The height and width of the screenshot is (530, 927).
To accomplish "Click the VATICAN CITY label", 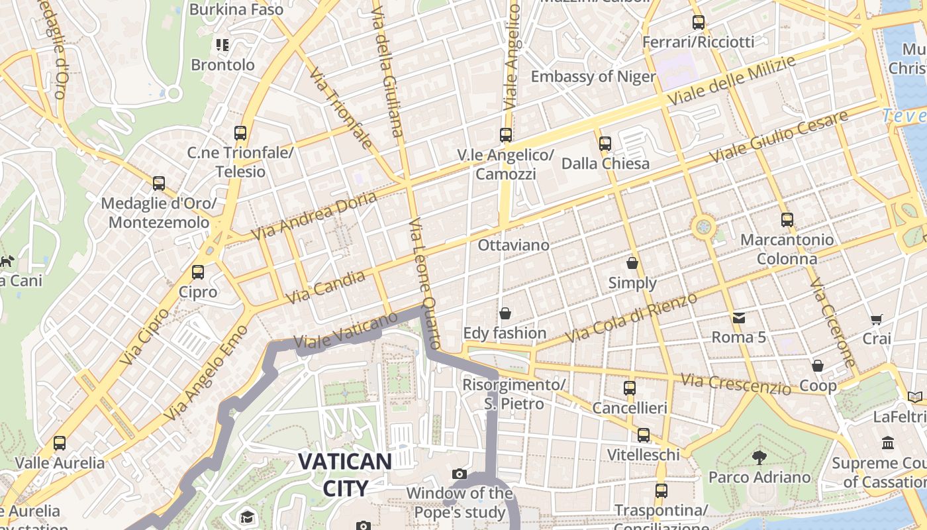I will (x=344, y=474).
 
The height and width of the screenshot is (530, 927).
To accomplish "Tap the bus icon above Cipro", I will (x=197, y=272).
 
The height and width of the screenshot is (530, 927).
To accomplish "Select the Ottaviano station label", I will (x=513, y=245).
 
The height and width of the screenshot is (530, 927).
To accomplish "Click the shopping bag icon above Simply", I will (x=632, y=263).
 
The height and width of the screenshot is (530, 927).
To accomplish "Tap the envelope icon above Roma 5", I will (x=739, y=318).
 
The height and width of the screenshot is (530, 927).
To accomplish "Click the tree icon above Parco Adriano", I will (x=759, y=457).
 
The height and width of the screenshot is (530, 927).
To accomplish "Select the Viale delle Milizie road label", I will (x=731, y=81).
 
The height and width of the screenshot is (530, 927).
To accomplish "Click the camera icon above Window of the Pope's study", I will (x=459, y=474).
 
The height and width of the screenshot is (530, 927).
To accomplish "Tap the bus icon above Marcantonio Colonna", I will (x=787, y=219).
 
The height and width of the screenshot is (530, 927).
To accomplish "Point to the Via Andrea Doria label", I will (x=314, y=215).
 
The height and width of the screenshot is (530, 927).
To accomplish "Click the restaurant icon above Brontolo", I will (x=222, y=45).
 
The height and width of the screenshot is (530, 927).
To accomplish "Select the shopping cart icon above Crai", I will (x=877, y=319).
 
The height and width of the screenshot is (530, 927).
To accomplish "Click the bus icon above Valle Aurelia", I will (x=60, y=443).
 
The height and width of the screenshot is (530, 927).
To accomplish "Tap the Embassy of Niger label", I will (x=593, y=76).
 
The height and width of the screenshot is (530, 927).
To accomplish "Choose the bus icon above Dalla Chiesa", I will (x=605, y=143).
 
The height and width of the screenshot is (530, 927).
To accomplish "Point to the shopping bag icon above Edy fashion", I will (x=505, y=313).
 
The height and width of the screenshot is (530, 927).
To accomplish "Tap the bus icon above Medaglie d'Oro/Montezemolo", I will (x=159, y=184).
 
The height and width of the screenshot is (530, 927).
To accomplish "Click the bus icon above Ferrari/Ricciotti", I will (x=698, y=23).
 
